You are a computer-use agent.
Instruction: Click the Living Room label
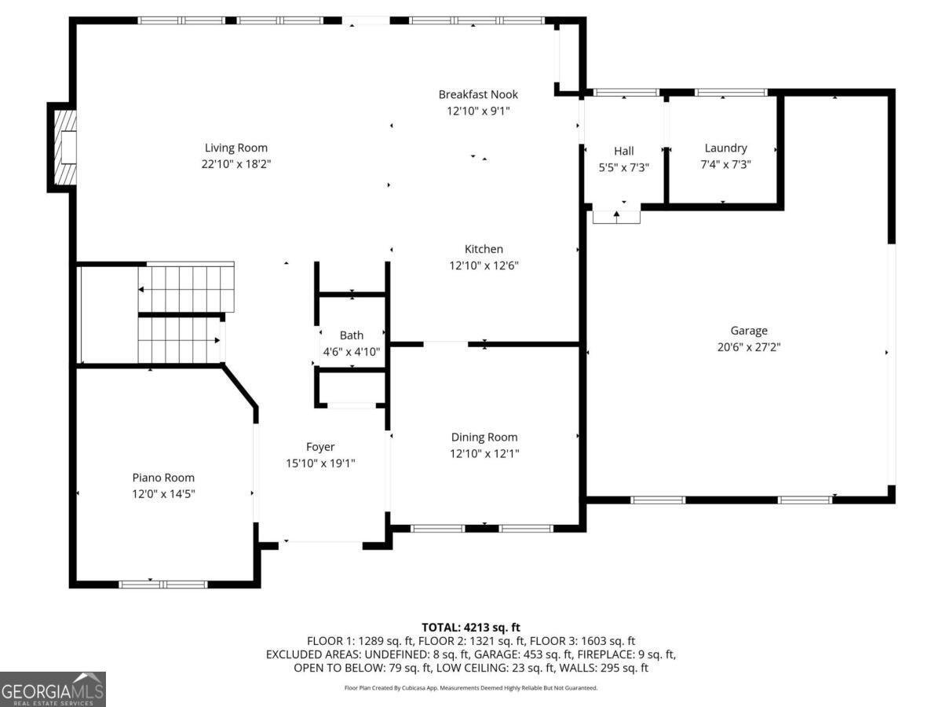coord(235,148)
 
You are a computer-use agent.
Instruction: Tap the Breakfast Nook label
coord(477,95)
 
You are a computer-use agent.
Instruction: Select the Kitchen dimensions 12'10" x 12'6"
coord(484,266)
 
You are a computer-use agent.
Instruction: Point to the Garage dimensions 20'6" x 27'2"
coord(748,347)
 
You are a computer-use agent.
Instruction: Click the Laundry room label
coord(725,148)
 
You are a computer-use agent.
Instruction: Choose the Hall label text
coord(623,151)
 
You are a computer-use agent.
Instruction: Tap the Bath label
coord(351,335)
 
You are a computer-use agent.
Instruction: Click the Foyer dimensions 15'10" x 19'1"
coord(320,463)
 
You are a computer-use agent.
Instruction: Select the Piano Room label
coord(163,478)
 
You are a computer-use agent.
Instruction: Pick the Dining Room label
coord(484,438)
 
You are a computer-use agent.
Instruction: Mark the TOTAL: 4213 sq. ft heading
coord(471,627)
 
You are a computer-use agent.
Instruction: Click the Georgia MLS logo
coord(53,689)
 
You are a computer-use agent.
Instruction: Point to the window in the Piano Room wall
coord(163,584)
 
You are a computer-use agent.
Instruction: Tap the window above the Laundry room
coord(732,93)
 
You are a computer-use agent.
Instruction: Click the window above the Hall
coord(626,93)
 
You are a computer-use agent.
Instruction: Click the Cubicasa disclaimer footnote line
coord(471,688)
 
